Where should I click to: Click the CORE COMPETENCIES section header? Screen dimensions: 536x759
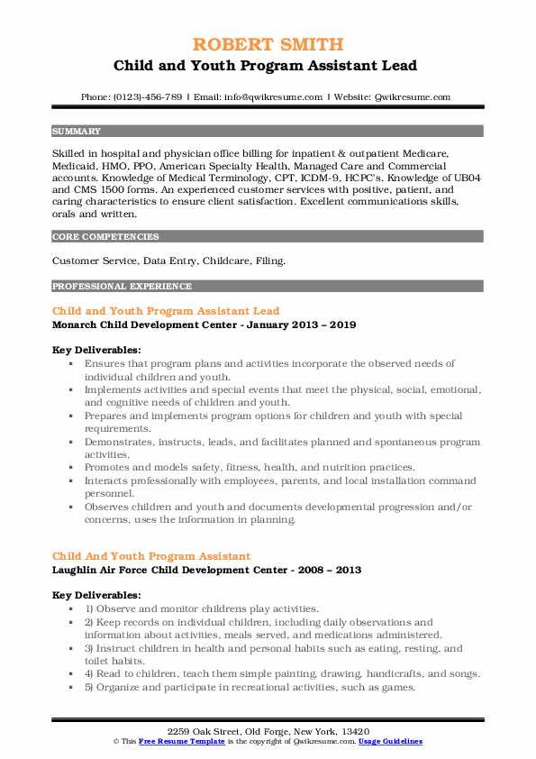(x=93, y=237)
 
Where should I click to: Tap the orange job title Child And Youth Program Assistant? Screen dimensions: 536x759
(x=151, y=556)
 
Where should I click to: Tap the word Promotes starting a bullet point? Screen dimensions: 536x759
(x=112, y=467)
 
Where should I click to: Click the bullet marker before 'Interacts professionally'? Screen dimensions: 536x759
(x=71, y=480)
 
